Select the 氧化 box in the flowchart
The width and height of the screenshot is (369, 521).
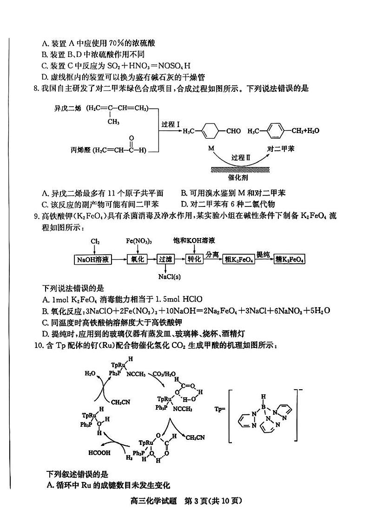tap(136, 260)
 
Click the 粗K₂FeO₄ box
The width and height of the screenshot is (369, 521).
tap(238, 260)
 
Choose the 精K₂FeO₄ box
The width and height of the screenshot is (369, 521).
tap(290, 260)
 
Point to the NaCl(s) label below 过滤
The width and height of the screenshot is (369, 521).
tap(170, 277)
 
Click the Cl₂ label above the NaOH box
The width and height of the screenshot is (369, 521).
tap(95, 242)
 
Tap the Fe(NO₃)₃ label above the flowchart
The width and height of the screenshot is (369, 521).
tap(139, 242)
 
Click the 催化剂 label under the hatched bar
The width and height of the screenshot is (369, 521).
tap(238, 177)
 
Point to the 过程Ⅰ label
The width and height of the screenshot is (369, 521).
tap(171, 124)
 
